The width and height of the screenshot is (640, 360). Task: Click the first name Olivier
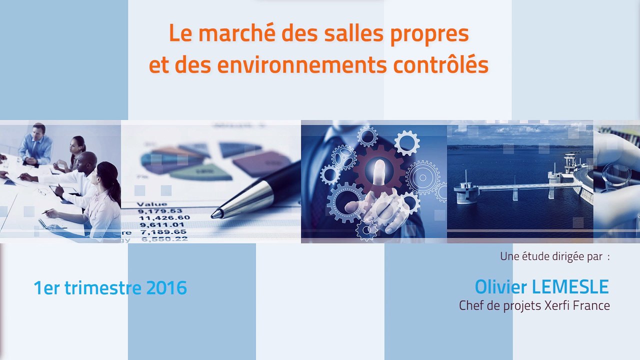[x=500, y=287]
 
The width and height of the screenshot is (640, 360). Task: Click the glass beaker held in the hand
[x=616, y=175]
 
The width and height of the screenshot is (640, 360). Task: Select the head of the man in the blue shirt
[x=38, y=130]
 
